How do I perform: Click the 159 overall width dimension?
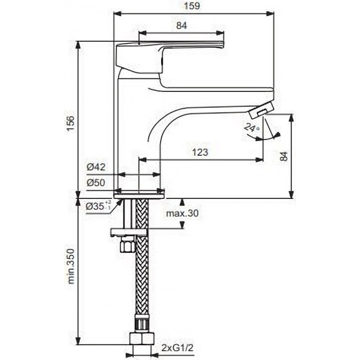(192, 6)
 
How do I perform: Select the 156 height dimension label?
(71, 123)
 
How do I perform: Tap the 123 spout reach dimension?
(200, 152)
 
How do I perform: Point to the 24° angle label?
(251, 128)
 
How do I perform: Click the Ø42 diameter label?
(96, 167)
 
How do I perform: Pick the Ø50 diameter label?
(96, 183)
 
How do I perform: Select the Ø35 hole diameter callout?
(99, 206)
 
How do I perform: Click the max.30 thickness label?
(182, 213)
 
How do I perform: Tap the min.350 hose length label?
(72, 266)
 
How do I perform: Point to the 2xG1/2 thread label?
(177, 348)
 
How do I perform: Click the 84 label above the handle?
(181, 26)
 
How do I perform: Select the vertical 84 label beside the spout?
(284, 156)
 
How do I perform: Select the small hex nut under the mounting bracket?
(127, 245)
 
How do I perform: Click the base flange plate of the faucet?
(139, 195)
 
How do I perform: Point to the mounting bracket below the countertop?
(129, 232)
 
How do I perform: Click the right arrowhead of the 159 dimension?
(270, 14)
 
